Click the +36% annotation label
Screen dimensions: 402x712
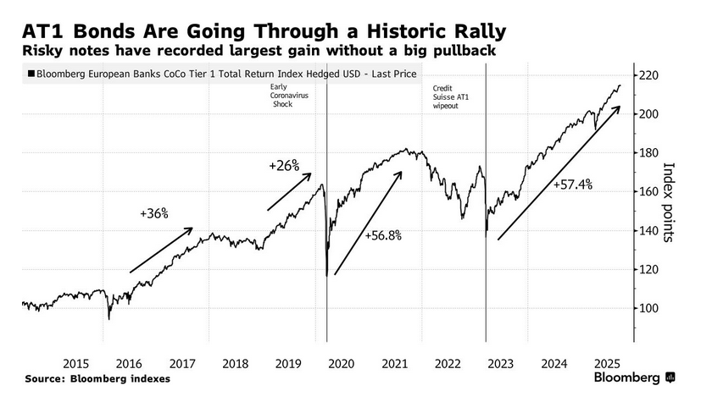pyautogui.click(x=154, y=213)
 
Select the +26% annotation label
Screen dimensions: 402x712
pyautogui.click(x=283, y=166)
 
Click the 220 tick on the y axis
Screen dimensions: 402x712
pyautogui.click(x=650, y=75)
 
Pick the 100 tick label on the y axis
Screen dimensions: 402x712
pyautogui.click(x=650, y=308)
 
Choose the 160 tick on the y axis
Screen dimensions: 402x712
pyautogui.click(x=650, y=192)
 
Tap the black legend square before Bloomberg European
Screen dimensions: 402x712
pyautogui.click(x=31, y=74)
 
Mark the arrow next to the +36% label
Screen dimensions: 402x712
pyautogui.click(x=161, y=251)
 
